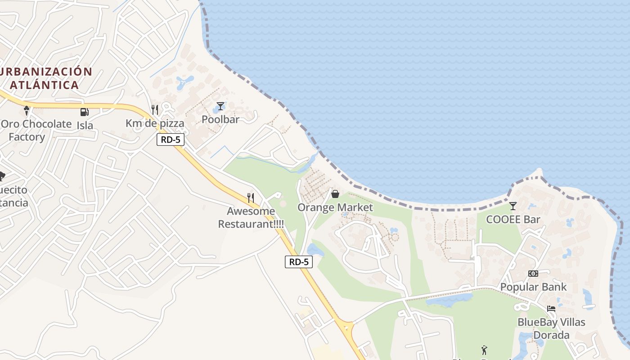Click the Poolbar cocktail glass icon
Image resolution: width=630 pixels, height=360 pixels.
click(x=220, y=106)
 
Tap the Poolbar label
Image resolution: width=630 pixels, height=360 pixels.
click(x=220, y=119)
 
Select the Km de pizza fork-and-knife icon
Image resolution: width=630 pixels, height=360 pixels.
click(x=155, y=110)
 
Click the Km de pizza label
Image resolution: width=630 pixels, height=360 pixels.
click(x=155, y=123)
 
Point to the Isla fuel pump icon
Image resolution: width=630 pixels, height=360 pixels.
click(x=84, y=112)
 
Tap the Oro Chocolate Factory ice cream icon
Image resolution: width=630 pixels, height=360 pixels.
click(x=27, y=110)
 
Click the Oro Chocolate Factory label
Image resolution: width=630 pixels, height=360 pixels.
click(x=36, y=130)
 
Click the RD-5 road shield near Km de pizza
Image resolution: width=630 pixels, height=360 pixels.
click(x=171, y=139)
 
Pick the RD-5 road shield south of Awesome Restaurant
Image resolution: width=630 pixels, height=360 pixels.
click(x=299, y=262)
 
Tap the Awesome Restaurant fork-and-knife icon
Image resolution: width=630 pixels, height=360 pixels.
click(x=251, y=198)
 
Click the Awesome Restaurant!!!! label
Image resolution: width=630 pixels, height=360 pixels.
click(x=251, y=217)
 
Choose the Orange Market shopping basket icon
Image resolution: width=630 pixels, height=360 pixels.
click(x=335, y=194)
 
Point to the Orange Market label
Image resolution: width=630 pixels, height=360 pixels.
click(x=335, y=207)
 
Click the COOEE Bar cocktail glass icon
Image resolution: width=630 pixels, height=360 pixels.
click(x=513, y=206)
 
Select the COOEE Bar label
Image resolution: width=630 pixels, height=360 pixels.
click(x=513, y=220)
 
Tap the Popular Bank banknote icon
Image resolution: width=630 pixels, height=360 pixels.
click(x=533, y=273)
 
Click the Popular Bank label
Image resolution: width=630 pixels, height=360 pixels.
click(x=533, y=287)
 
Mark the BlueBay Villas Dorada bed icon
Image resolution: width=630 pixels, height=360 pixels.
click(x=551, y=309)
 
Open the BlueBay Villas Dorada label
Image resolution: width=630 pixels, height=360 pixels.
click(x=551, y=328)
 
